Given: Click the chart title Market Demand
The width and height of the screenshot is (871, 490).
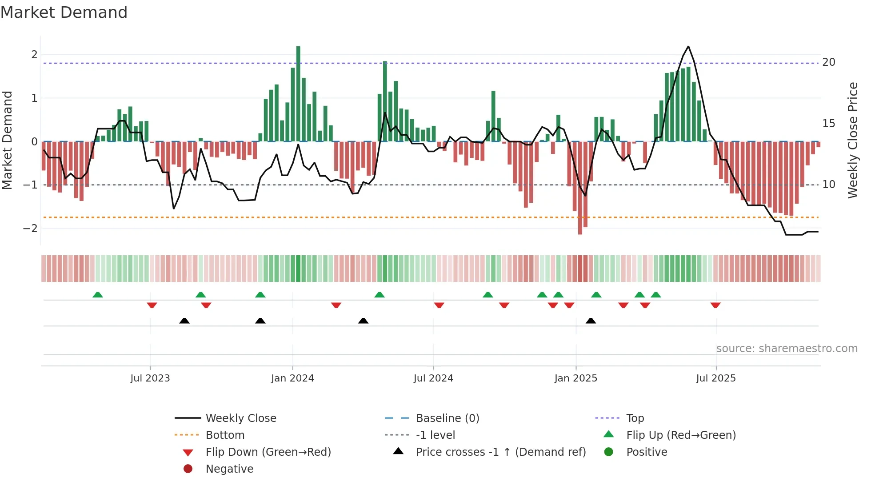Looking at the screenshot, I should [64, 12].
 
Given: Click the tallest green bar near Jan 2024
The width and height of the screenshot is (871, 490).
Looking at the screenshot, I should [298, 93].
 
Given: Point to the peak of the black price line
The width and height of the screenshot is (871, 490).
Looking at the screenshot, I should [688, 47].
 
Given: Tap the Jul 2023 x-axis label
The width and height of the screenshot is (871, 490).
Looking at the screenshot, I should [150, 378].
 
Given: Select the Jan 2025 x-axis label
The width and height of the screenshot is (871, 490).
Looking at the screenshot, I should [575, 378].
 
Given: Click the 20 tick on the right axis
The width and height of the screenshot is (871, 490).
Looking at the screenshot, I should [829, 62].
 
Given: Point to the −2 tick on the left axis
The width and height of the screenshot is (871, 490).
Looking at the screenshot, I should [31, 228].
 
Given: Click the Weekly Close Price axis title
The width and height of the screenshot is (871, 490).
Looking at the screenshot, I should [852, 140].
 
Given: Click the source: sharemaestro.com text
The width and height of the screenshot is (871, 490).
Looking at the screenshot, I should [787, 349].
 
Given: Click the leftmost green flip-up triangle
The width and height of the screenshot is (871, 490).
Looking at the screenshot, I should [98, 295].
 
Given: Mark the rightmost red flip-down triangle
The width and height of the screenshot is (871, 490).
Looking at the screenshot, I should [715, 305].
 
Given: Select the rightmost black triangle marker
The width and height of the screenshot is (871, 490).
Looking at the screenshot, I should [591, 321].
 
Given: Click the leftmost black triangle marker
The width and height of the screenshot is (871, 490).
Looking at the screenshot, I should [184, 321].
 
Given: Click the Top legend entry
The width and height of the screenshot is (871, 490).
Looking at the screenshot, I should [635, 418].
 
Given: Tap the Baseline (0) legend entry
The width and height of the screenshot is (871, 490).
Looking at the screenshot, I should [447, 418].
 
